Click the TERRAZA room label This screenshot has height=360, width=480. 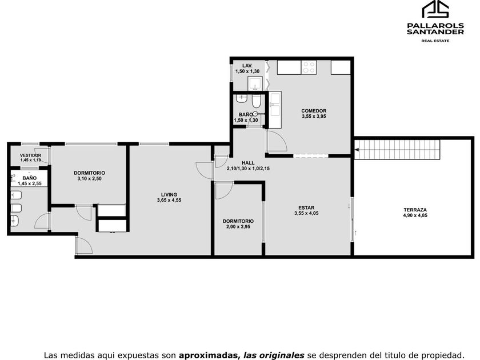click(415, 210)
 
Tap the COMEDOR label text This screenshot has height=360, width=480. click(314, 111)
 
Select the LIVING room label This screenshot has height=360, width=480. click(169, 194)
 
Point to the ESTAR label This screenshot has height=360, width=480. click(306, 207)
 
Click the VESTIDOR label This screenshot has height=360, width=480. click(31, 155)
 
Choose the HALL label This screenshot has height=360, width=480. click(248, 163)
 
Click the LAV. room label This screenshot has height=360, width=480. click(247, 66)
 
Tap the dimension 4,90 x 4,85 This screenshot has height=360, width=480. click(415, 215)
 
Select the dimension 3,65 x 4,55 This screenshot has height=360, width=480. click(169, 200)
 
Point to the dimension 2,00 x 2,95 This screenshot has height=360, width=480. click(238, 227)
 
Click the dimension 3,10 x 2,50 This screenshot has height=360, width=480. click(89, 178)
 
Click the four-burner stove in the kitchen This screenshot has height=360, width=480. click(309, 67)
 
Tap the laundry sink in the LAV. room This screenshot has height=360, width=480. click(255, 83)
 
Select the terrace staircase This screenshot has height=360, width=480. click(397, 150)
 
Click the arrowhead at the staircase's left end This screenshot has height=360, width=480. click(357, 150)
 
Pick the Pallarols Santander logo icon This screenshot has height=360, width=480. click(435, 9)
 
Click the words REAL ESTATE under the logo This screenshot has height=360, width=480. click(435, 41)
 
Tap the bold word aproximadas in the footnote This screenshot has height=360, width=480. click(208, 355)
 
